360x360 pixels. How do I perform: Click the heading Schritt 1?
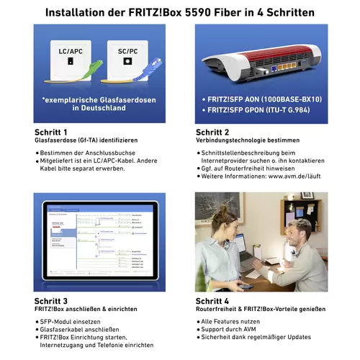pos(51,132)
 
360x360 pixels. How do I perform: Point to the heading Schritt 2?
pos(212,132)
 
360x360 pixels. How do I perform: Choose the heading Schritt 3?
pos(51,301)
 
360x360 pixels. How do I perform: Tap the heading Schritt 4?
pos(212,301)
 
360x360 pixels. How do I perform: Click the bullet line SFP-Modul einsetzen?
pos(73,321)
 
